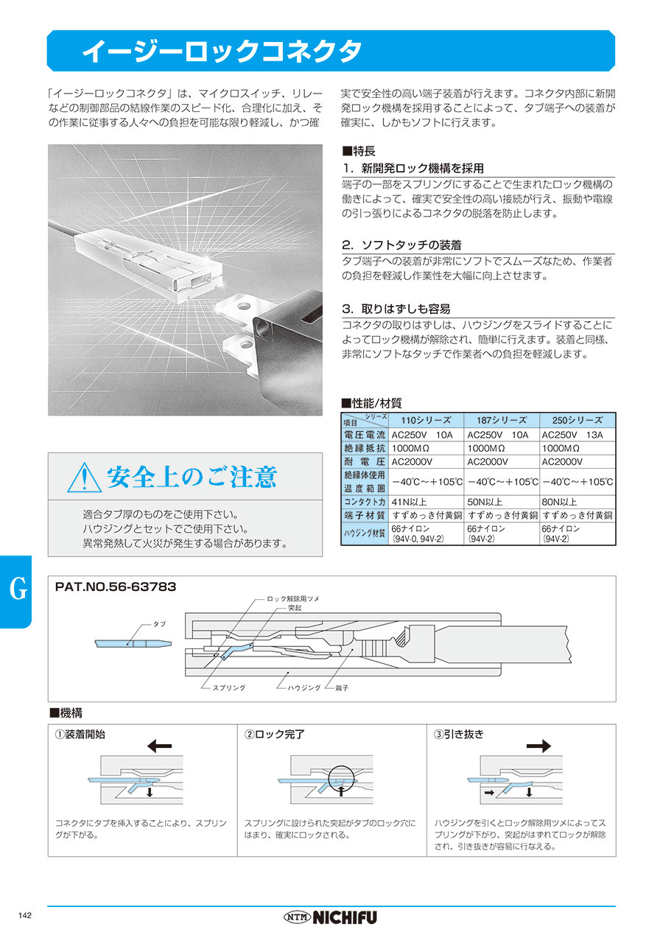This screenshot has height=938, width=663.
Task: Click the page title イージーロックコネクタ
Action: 221,51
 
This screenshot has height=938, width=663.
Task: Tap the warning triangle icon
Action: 83,478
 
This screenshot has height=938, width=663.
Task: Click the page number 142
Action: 24,915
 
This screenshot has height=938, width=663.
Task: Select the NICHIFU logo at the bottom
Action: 330,917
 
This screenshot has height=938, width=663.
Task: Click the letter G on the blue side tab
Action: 19,590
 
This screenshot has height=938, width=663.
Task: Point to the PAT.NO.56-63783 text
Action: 116,587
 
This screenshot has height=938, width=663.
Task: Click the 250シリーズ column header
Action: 578,419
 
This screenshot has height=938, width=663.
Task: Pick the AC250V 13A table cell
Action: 572,435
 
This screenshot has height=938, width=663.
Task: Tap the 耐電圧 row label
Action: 365,462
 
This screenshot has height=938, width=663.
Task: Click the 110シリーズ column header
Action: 427,419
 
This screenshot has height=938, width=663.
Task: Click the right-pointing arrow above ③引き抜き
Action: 539,746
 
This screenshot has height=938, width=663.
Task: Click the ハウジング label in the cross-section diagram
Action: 304,687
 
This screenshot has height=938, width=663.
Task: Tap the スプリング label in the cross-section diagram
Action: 228,687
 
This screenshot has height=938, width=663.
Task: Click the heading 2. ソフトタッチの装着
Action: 401,245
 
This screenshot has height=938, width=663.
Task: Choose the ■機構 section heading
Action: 66,713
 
